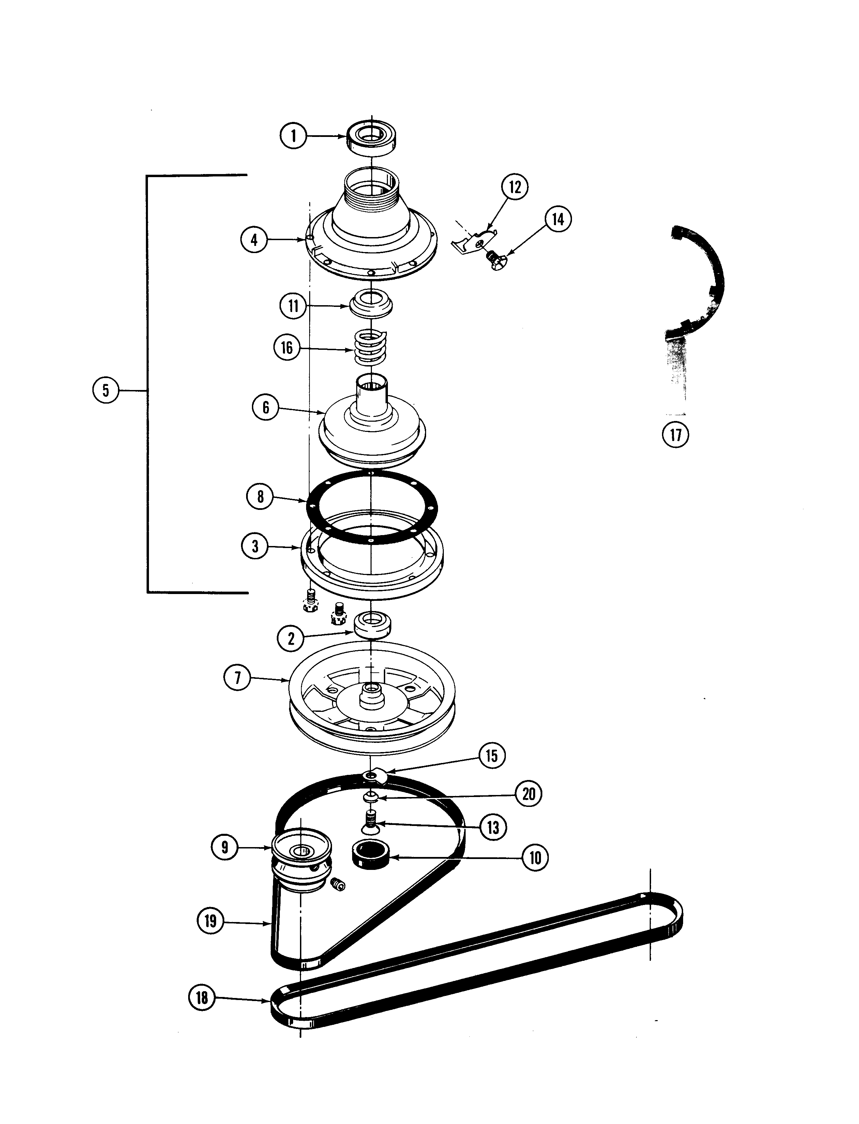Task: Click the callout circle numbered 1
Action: click(x=293, y=136)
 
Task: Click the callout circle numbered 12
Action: click(x=514, y=187)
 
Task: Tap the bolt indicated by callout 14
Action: click(x=496, y=261)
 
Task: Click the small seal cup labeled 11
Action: click(x=372, y=305)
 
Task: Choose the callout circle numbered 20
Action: click(x=529, y=794)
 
